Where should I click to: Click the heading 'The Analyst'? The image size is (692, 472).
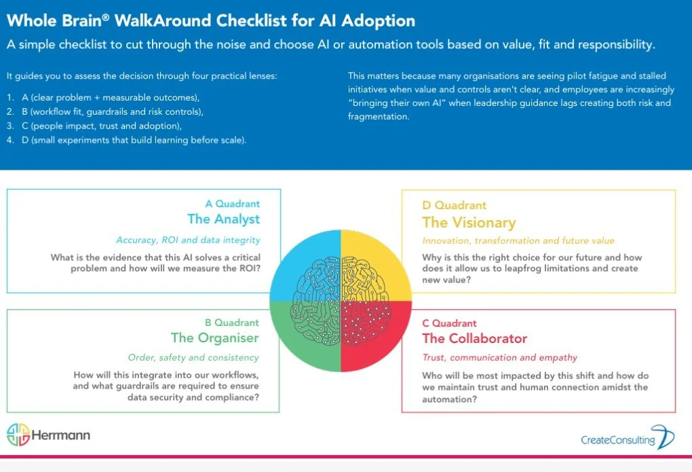[x=223, y=219]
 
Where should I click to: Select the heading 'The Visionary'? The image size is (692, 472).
[x=469, y=223]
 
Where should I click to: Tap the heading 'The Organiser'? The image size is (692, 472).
[x=215, y=338]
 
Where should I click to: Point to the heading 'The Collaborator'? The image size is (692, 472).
[x=474, y=338]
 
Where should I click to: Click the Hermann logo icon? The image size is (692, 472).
[x=19, y=435]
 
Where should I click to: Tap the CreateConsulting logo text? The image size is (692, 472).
[x=617, y=440]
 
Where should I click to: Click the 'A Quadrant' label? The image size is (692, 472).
[x=232, y=204]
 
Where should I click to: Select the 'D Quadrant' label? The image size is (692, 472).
[x=454, y=205]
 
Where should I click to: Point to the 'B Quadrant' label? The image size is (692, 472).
[x=232, y=323]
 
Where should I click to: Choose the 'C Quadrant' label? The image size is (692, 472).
[x=449, y=323]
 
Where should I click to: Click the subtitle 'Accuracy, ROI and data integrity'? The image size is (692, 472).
[x=188, y=240]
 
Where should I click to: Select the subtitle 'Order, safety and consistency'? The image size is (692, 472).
[x=193, y=357]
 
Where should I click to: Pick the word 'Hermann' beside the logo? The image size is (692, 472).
[x=62, y=435]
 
